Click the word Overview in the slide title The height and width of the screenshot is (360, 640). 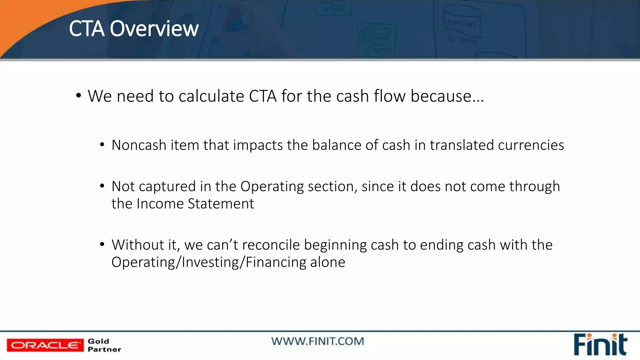click(154, 29)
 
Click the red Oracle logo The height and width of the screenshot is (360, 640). click(45, 345)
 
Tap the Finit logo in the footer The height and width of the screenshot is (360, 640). click(600, 345)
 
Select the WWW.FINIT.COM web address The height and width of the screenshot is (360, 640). click(317, 341)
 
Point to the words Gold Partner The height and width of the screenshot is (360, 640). click(104, 345)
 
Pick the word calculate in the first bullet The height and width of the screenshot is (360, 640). click(211, 96)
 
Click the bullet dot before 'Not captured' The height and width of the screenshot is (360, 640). click(102, 186)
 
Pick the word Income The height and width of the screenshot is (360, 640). click(160, 204)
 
